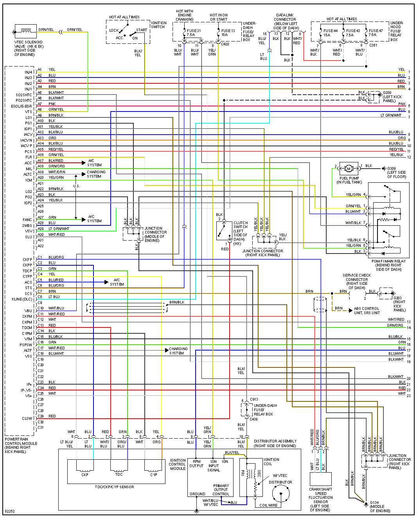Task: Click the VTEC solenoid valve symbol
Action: tap(26, 31)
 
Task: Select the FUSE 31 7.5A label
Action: tap(194, 32)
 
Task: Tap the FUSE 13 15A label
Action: tap(228, 32)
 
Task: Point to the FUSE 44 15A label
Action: tap(330, 32)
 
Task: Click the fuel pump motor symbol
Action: tap(349, 169)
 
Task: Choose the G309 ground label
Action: tap(391, 169)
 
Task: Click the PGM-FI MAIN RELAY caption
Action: tap(388, 265)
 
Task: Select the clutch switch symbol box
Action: tap(224, 231)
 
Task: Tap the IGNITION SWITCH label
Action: tap(158, 25)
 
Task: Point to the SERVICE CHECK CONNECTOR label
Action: tap(357, 281)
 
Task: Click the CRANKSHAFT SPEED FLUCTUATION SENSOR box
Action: tap(321, 479)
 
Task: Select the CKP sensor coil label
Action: tap(85, 475)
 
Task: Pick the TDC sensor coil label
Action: tap(119, 474)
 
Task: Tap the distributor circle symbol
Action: tap(281, 495)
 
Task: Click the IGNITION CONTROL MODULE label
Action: tap(178, 464)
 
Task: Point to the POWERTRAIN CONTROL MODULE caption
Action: tap(21, 445)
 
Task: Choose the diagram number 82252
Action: tap(10, 511)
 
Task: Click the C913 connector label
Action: tap(254, 399)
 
